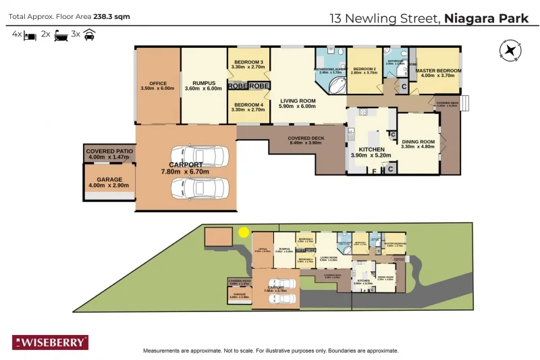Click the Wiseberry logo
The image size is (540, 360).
pyautogui.click(x=50, y=342)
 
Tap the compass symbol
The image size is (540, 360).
pyautogui.click(x=511, y=50)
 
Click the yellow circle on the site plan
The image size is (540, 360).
pyautogui.click(x=244, y=232)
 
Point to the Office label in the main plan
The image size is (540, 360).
pyautogui.click(x=157, y=86)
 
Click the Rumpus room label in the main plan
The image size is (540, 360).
pyautogui.click(x=203, y=86)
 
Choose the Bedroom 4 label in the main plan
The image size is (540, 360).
pyautogui.click(x=247, y=107)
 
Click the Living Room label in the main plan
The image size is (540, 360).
pyautogui.click(x=298, y=103)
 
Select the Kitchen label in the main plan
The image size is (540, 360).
pyautogui.click(x=371, y=152)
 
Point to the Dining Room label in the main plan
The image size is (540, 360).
pyautogui.click(x=418, y=144)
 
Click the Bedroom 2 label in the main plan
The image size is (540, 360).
pyautogui.click(x=364, y=71)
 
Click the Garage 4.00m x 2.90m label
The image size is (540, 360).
pyautogui.click(x=108, y=182)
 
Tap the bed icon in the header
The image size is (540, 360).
pyautogui.click(x=30, y=34)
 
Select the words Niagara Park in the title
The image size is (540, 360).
pyautogui.click(x=487, y=18)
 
